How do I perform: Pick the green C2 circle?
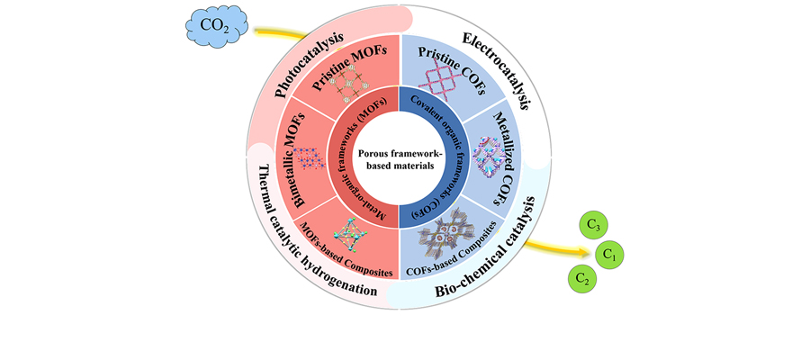point(584,278)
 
